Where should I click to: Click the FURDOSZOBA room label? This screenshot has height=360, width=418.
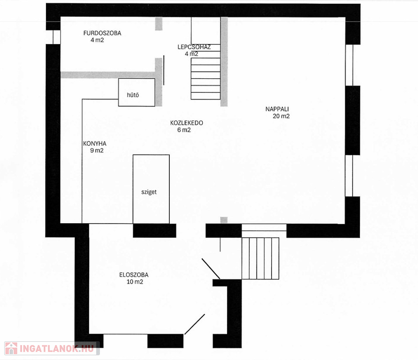[x=102, y=33]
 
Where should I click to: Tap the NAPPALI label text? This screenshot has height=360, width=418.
[x=277, y=109]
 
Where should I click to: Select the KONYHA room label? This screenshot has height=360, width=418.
[x=95, y=143]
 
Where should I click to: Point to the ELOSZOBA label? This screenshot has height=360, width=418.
[x=134, y=275]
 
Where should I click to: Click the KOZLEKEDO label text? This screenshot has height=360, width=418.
[x=187, y=123]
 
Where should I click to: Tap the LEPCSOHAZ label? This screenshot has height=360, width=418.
[x=194, y=47]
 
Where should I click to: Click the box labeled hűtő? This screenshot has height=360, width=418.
[x=137, y=92]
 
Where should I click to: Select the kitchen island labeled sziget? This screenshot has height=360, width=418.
[x=151, y=189]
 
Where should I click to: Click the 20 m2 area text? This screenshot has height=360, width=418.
[x=281, y=116]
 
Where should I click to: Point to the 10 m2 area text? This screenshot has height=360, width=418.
[x=135, y=282]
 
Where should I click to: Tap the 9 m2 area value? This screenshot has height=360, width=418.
[x=97, y=151]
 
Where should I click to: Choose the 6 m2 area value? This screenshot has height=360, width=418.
[x=184, y=130]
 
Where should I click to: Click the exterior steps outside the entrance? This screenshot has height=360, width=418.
[x=260, y=258]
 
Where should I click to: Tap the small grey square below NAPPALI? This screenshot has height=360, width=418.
[x=224, y=220]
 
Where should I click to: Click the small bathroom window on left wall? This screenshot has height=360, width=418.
[x=57, y=37]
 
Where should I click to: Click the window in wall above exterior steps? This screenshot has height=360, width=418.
[x=264, y=228]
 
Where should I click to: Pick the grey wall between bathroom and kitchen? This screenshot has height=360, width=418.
[x=108, y=75]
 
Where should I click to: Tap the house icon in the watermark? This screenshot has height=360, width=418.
[x=11, y=348]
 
